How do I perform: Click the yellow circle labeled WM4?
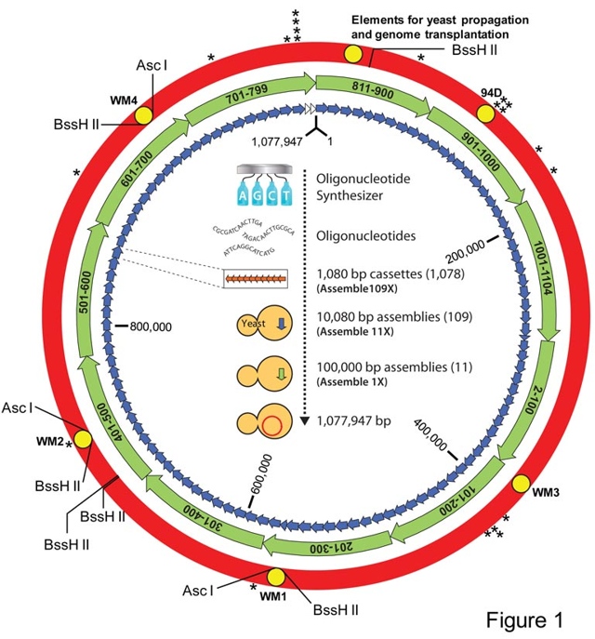pos(144,114)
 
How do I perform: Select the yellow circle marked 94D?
pos(485,112)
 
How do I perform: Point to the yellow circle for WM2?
pos(82,439)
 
